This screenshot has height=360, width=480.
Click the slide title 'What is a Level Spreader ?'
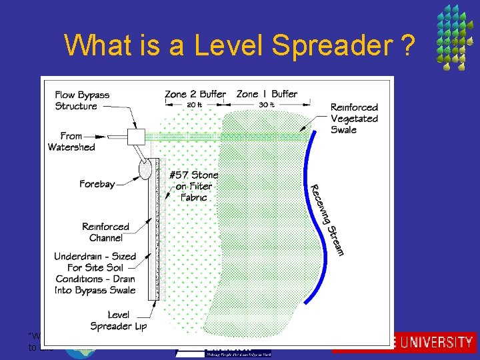point(239,45)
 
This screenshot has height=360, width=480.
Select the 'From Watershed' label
point(71,141)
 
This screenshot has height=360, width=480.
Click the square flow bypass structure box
point(136,137)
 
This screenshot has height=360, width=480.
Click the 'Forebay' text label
point(97,184)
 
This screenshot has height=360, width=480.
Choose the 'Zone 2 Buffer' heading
point(195,94)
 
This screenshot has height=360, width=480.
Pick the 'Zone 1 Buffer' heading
point(267,94)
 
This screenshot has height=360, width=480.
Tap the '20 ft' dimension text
point(195,104)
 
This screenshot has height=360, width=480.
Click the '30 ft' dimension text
point(266,104)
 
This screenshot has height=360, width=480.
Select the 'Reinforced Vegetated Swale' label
point(354,118)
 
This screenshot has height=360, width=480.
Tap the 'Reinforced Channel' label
point(106,232)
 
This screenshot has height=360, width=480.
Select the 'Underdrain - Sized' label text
point(95,256)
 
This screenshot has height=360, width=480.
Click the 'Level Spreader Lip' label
point(119,320)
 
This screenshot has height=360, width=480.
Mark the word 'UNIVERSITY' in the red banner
point(440,343)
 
